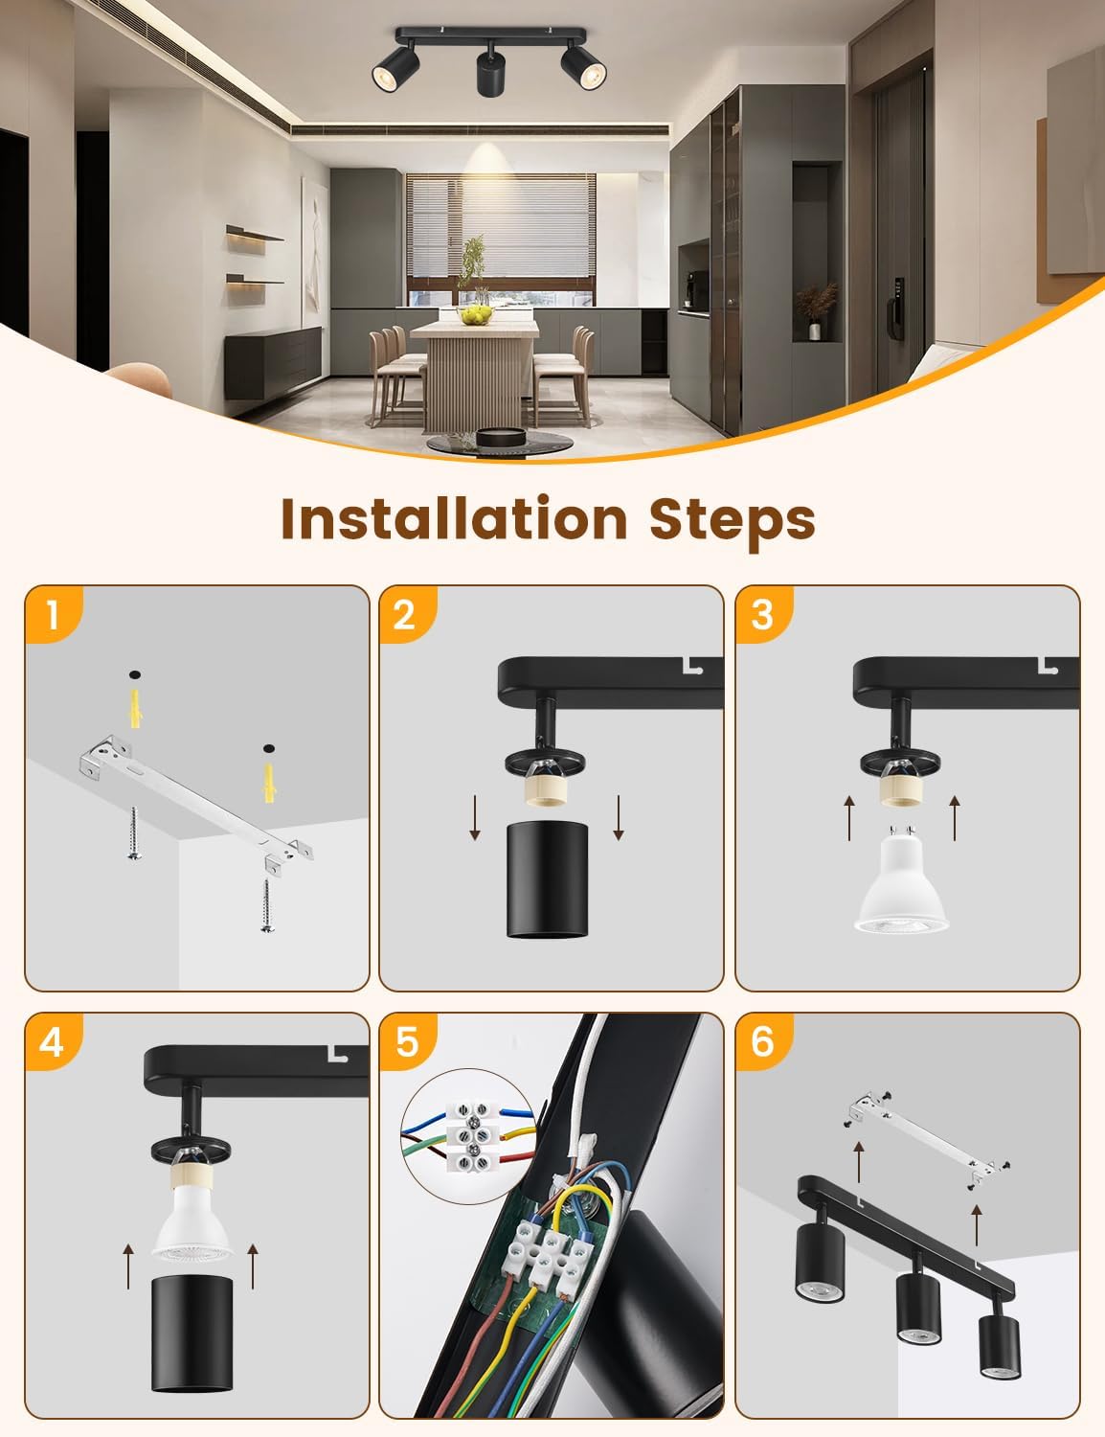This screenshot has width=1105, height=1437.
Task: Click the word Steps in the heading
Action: (733, 522)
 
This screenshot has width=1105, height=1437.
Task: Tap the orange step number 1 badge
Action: (54, 614)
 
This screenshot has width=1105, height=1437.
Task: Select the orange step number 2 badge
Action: (407, 614)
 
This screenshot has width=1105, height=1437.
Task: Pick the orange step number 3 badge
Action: (763, 614)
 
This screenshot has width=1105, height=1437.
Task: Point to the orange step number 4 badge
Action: (54, 1041)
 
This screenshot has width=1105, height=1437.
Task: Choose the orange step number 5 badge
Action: (407, 1041)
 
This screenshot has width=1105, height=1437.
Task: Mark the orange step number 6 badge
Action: (763, 1041)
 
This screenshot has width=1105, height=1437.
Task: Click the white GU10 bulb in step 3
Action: (902, 880)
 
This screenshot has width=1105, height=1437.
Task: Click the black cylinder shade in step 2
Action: (547, 879)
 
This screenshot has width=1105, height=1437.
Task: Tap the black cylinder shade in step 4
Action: (192, 1334)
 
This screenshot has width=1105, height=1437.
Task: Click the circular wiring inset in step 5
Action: (469, 1135)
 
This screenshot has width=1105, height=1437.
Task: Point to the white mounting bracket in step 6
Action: (925, 1139)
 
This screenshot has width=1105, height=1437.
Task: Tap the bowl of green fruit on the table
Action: (475, 315)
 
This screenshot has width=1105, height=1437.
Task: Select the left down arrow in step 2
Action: (475, 818)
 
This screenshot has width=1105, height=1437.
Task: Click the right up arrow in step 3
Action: (955, 818)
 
